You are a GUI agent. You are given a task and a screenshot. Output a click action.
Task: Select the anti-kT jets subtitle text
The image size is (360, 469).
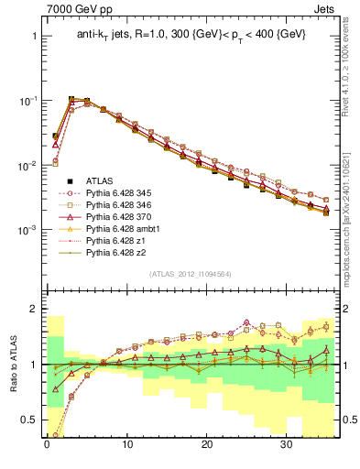(191, 35)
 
